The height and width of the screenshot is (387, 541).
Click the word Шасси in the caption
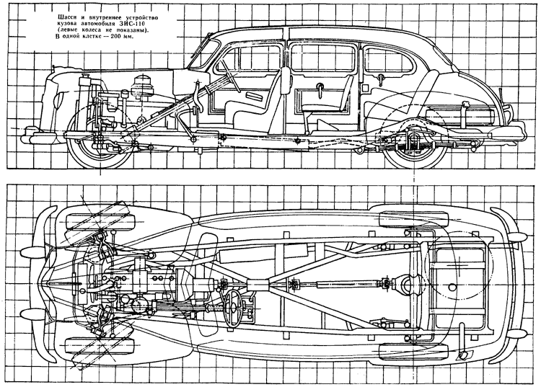(65, 17)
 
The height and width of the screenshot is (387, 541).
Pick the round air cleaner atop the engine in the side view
(143, 84)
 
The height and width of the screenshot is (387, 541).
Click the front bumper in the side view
(38, 135)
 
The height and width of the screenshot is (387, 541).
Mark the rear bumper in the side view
(506, 133)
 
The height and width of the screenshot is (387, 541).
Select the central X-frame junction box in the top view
(258, 285)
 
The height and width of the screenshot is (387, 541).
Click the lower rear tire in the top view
(413, 350)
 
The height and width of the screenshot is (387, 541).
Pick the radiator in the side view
(85, 103)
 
